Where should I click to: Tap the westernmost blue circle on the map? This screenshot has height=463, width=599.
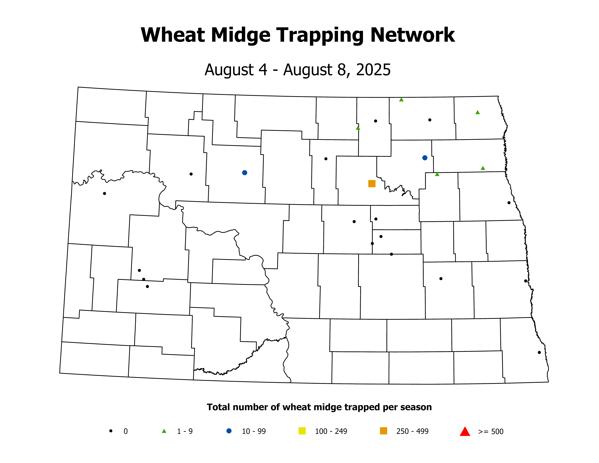[x=245, y=172]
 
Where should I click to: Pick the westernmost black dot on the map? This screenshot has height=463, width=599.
[x=104, y=193]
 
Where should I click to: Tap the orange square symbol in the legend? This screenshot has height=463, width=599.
[x=383, y=431]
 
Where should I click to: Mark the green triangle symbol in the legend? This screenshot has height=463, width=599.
[x=164, y=431]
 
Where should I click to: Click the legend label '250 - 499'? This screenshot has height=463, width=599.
[x=412, y=431]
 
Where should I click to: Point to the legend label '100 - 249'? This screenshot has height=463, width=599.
[x=331, y=431]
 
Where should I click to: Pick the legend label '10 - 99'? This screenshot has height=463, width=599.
[x=254, y=431]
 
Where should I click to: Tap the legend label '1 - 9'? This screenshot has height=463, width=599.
[x=185, y=431]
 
